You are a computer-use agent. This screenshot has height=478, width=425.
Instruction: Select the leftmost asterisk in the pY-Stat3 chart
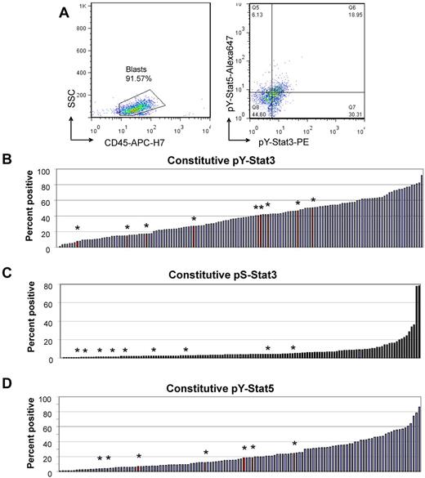click(x=78, y=229)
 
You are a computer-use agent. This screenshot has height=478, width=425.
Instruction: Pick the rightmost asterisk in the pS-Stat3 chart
click(x=293, y=349)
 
